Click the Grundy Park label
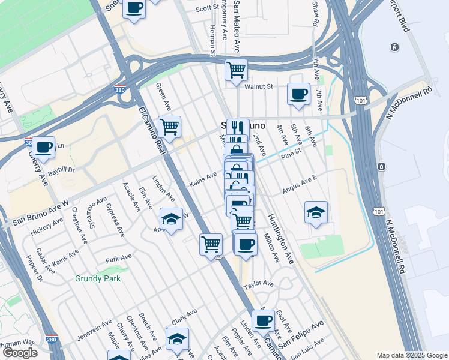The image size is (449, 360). [x=98, y=278]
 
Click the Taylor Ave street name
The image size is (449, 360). [x=258, y=283]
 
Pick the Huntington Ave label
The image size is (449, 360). [x=280, y=239]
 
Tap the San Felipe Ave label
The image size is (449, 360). [x=301, y=334]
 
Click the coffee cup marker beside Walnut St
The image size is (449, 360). [x=298, y=94]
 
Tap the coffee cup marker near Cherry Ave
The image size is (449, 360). [x=43, y=147]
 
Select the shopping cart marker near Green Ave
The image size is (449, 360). [x=170, y=127]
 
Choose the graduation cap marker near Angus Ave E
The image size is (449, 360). [x=316, y=212]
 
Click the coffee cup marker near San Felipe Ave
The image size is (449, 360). [x=262, y=320]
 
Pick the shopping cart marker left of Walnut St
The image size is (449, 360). [x=237, y=69]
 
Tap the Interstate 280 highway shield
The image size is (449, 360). [x=52, y=339]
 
